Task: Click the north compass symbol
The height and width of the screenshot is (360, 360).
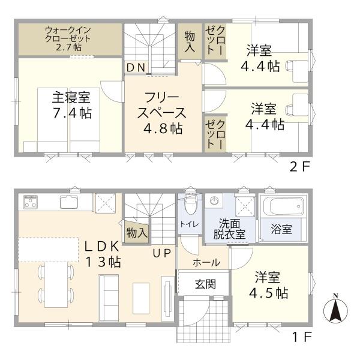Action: coord(336,310)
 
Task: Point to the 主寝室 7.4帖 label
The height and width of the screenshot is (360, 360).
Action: coord(70,104)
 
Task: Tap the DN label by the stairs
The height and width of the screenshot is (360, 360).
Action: coord(136,67)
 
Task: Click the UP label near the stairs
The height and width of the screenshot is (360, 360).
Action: coord(161,253)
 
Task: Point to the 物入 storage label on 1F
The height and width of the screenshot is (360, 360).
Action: coord(136,232)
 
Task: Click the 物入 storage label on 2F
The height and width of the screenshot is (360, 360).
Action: coord(189,41)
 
